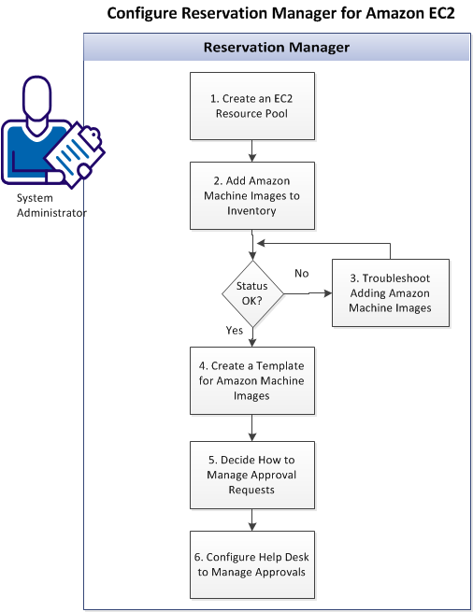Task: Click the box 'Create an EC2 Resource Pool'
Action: pyautogui.click(x=253, y=106)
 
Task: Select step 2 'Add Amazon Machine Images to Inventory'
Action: pyautogui.click(x=253, y=196)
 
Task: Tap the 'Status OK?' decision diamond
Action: pyautogui.click(x=252, y=292)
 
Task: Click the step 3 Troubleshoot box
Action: pyautogui.click(x=391, y=292)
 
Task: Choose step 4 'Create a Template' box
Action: pyautogui.click(x=253, y=381)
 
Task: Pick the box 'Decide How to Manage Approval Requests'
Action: pyautogui.click(x=253, y=475)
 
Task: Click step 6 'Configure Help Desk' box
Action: pyautogui.click(x=253, y=565)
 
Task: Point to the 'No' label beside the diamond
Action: pyautogui.click(x=302, y=274)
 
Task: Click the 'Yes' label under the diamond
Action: pyautogui.click(x=235, y=332)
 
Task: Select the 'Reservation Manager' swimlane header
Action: pyautogui.click(x=277, y=47)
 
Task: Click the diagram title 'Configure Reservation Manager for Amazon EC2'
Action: pyautogui.click(x=280, y=14)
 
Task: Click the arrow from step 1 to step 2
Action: pyautogui.click(x=253, y=149)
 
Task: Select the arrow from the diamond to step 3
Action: pyautogui.click(x=308, y=292)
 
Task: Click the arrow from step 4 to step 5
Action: pyautogui.click(x=253, y=428)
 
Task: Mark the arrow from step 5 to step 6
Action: pyautogui.click(x=253, y=519)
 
